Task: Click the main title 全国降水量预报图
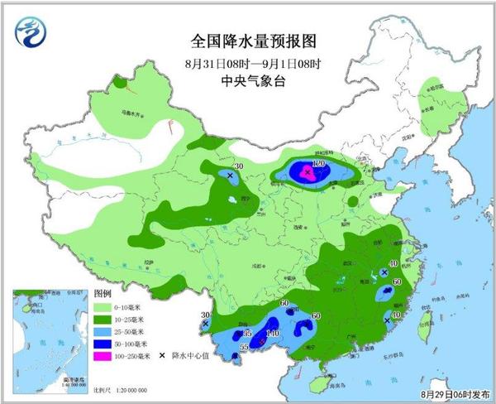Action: [247, 40]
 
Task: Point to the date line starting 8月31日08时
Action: [247, 62]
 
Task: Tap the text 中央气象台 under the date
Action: [247, 80]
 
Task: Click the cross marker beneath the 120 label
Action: [308, 173]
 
